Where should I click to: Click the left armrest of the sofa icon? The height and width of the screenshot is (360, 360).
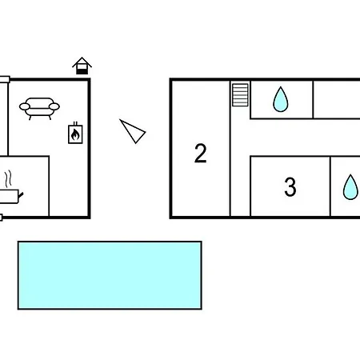25,106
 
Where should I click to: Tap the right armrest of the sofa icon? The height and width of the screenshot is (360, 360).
54,106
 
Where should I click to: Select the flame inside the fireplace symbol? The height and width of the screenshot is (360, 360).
75,134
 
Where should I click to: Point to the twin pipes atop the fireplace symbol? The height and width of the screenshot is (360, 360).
75,123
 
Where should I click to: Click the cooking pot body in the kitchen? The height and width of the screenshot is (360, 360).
8,196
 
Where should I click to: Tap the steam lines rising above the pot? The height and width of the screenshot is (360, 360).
8,179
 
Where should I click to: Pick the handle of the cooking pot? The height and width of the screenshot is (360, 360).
21,195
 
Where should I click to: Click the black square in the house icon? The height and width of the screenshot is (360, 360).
82,71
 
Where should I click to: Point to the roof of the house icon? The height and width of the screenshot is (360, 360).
82,62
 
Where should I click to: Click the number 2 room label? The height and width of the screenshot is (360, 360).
201,153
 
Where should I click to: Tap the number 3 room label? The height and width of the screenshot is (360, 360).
290,187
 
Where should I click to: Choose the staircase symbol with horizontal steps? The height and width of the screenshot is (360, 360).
240,95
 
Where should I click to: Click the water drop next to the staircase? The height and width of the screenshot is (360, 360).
281,99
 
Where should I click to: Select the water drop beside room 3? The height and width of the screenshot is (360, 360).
350,187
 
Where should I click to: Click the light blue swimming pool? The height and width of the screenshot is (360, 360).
110,275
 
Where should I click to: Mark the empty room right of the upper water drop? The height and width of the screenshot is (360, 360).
337,99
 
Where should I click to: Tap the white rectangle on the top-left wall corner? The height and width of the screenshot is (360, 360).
5,79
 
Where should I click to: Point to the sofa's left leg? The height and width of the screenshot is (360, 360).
30,118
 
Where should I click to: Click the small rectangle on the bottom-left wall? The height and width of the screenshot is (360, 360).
1,218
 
